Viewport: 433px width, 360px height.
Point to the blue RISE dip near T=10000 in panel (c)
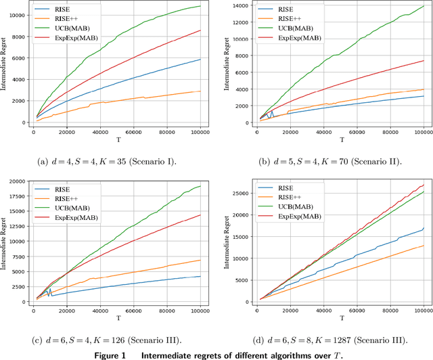51,296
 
